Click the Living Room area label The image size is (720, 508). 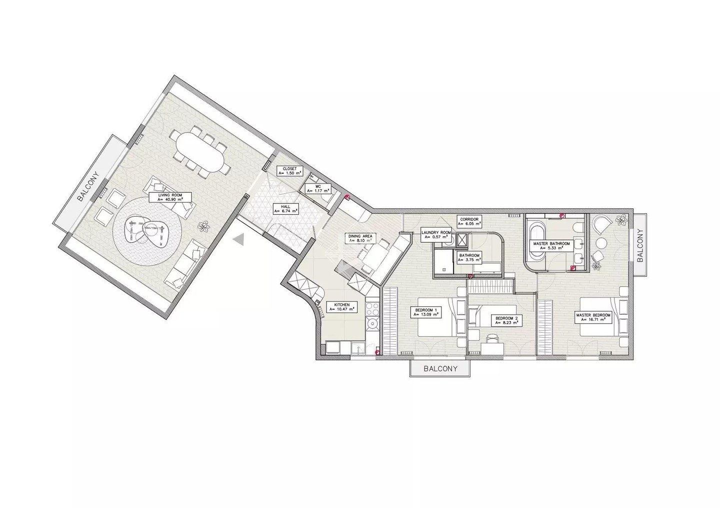click(170, 197)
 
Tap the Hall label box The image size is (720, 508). click(285, 209)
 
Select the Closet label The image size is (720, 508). click(289, 170)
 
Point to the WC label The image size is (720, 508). click(318, 188)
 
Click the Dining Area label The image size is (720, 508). click(360, 238)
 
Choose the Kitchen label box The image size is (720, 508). click(341, 307)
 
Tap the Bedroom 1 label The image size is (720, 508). click(426, 313)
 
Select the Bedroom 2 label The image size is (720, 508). click(507, 321)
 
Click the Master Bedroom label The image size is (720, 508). click(593, 317)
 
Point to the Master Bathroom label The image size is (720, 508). click(551, 246)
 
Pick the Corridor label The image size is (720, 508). click(469, 222)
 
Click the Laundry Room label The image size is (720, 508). click(436, 235)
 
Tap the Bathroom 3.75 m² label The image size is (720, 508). click(469, 258)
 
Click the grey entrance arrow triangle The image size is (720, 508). click(239, 240)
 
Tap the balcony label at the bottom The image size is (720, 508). click(440, 369)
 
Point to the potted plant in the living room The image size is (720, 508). click(204, 227)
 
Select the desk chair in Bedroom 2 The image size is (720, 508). click(492, 338)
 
